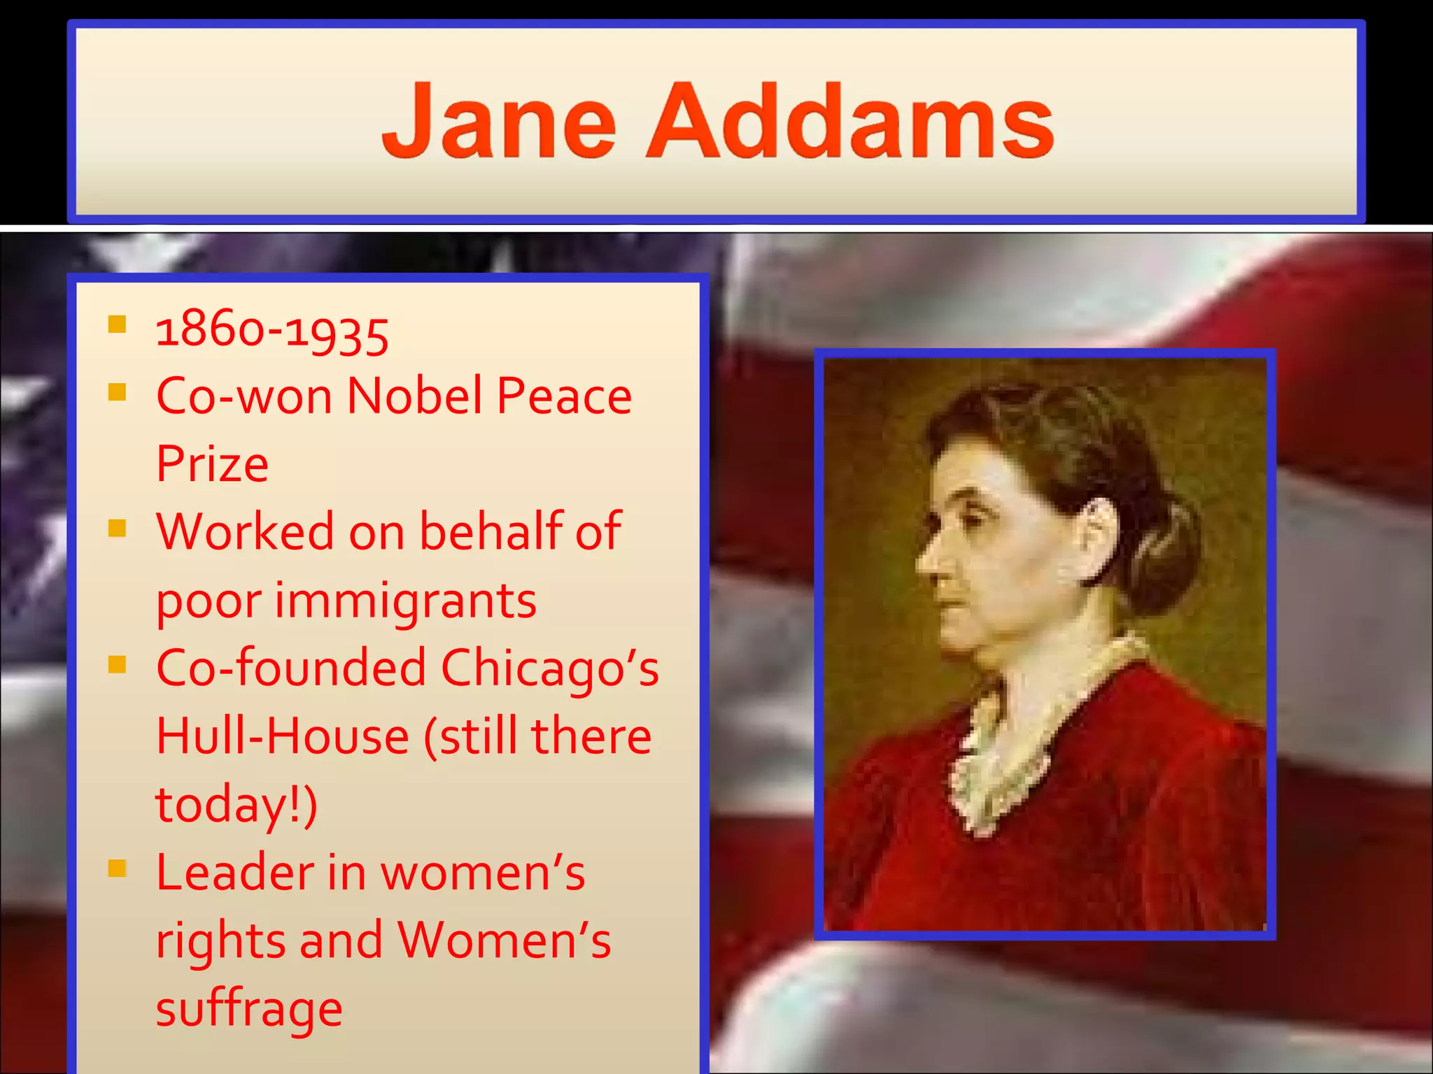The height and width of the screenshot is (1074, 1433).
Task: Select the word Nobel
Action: pyautogui.click(x=414, y=396)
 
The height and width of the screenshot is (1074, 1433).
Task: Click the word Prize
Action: pyautogui.click(x=212, y=464)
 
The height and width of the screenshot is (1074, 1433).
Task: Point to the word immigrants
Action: pyautogui.click(x=405, y=601)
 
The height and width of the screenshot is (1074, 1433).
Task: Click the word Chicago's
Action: pyautogui.click(x=549, y=668)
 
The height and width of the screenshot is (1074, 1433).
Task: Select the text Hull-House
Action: pyautogui.click(x=282, y=736)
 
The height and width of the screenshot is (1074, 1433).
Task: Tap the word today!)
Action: pyautogui.click(x=237, y=804)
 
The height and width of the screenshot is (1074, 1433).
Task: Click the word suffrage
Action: pyautogui.click(x=249, y=1008)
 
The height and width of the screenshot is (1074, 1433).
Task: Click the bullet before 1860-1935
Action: pyautogui.click(x=117, y=324)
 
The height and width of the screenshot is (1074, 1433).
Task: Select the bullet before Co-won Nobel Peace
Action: pyautogui.click(x=117, y=392)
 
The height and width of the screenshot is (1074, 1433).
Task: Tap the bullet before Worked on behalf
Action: pyautogui.click(x=117, y=528)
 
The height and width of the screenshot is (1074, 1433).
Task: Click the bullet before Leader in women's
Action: pyautogui.click(x=117, y=869)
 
